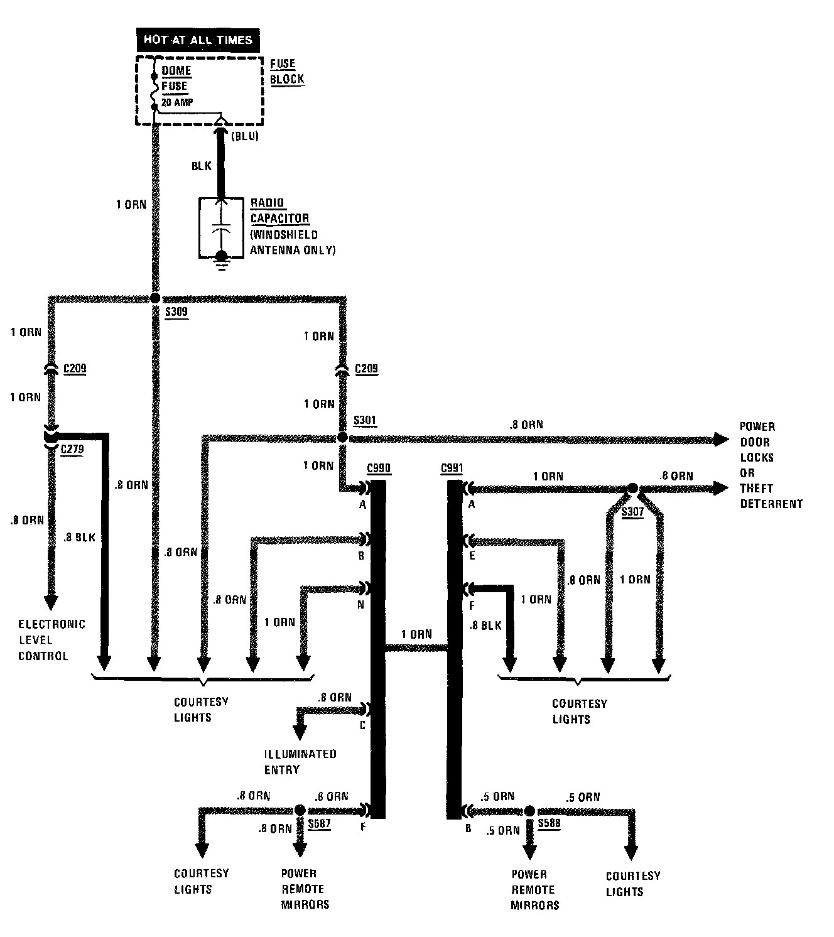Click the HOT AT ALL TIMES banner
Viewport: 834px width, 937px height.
click(198, 40)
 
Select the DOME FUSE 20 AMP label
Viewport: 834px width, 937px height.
click(177, 86)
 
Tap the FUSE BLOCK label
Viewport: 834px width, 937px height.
click(287, 72)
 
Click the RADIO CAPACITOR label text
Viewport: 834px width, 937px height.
click(280, 210)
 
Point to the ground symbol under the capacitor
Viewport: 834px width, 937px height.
click(221, 261)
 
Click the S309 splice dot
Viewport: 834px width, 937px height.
click(155, 298)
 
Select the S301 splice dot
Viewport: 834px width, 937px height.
click(342, 436)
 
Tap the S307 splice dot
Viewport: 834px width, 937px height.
click(633, 488)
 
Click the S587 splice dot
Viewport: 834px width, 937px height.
click(300, 810)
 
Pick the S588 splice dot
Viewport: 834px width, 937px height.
click(530, 811)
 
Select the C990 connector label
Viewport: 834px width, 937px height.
click(378, 468)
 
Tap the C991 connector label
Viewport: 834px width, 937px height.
click(452, 468)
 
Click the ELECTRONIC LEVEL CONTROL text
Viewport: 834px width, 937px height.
click(51, 640)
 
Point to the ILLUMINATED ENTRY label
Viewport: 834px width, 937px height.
click(300, 761)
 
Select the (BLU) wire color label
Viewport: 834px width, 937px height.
click(245, 136)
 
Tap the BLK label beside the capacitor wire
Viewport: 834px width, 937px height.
click(202, 166)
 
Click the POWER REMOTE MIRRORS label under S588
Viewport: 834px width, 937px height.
click(533, 889)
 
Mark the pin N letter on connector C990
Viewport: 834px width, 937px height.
click(361, 605)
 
